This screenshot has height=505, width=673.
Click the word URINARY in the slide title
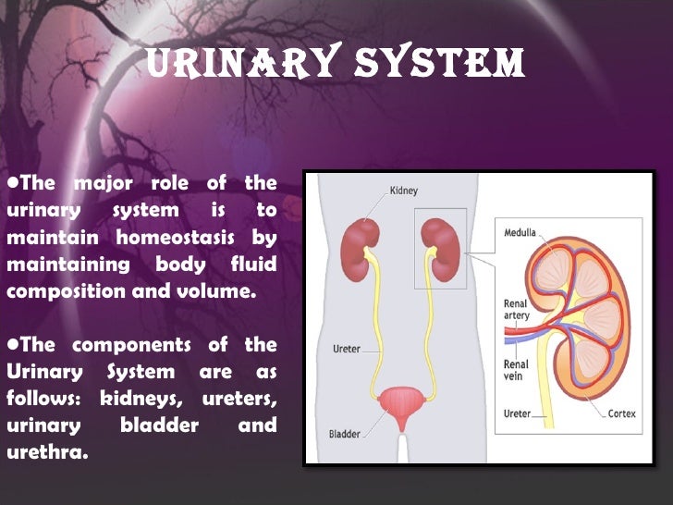coord(235,63)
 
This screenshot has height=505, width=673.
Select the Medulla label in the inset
coord(521,232)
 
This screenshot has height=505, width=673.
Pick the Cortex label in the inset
coord(622,413)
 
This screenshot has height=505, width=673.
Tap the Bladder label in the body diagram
coord(345,434)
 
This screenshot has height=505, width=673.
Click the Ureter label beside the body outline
coord(346,350)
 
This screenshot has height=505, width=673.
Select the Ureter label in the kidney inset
coord(517,413)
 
